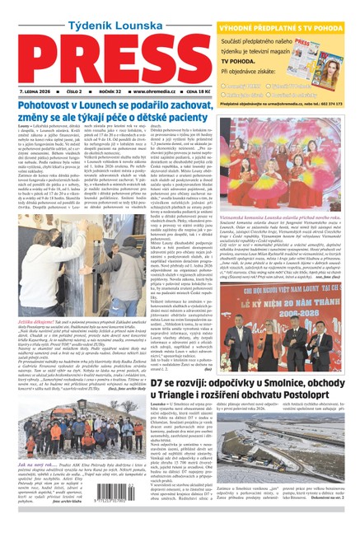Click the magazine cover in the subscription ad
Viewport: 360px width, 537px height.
(x=335, y=45)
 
